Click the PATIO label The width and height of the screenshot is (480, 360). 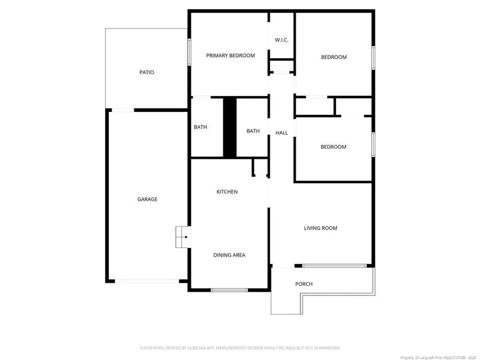click(x=147, y=73)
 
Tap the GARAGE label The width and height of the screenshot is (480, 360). click(x=147, y=199)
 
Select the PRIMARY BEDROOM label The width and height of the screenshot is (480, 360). click(x=230, y=55)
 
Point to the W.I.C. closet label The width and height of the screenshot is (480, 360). click(x=282, y=41)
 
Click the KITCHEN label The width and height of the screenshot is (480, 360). click(x=227, y=192)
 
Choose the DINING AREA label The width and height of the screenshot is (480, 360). click(x=229, y=255)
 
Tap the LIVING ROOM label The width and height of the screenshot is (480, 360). click(x=321, y=228)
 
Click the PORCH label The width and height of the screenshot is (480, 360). click(x=304, y=284)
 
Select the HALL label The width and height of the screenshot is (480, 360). click(x=282, y=133)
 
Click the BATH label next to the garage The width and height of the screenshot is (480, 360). click(x=201, y=127)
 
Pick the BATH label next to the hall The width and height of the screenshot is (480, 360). click(x=253, y=131)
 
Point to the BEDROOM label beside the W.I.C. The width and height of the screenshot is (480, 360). click(x=333, y=58)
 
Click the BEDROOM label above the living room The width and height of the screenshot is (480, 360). click(x=333, y=147)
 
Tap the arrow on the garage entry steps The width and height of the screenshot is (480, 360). click(x=185, y=237)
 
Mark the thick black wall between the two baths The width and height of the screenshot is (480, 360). click(x=229, y=127)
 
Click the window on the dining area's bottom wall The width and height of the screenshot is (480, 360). click(x=229, y=290)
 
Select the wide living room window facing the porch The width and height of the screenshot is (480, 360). click(x=334, y=265)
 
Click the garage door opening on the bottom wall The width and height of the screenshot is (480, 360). click(x=147, y=281)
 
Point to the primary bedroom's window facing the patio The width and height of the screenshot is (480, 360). click(x=189, y=53)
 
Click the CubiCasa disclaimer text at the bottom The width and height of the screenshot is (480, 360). click(x=239, y=348)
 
